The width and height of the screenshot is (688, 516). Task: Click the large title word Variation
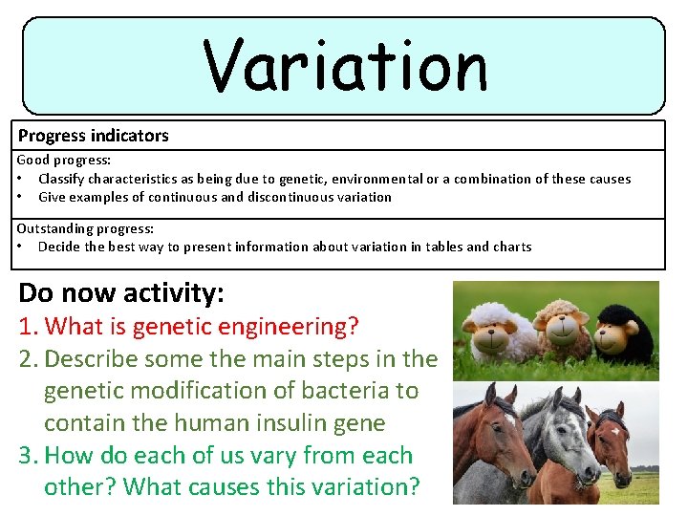pyautogui.click(x=345, y=66)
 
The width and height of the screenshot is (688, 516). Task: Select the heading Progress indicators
pyautogui.click(x=94, y=136)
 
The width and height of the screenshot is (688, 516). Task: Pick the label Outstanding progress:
pyautogui.click(x=84, y=228)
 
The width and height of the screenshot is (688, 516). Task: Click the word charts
pyautogui.click(x=512, y=247)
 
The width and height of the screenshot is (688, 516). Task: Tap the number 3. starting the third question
pyautogui.click(x=29, y=456)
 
